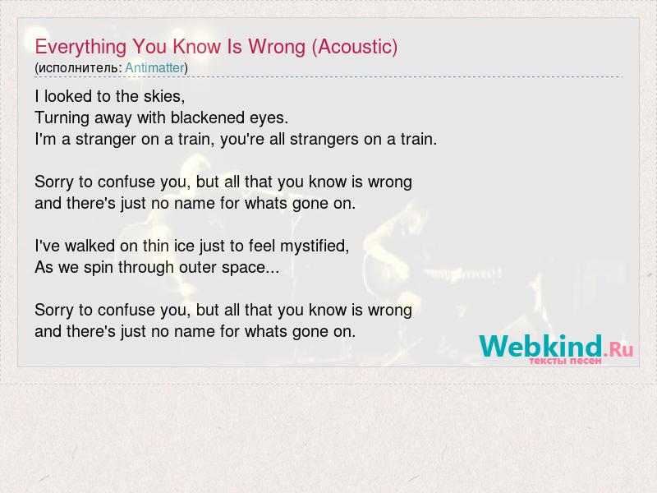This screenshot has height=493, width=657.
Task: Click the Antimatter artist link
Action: coord(154,68)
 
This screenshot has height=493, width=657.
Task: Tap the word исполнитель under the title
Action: coord(78,68)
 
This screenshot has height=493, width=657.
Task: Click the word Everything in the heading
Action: coord(80,48)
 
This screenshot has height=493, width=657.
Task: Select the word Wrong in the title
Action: coord(277,48)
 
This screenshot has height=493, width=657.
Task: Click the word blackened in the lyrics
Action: coord(208,117)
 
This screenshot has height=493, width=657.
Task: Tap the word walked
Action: coord(90,246)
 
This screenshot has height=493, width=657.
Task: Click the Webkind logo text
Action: coord(541,346)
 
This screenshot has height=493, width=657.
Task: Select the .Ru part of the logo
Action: coord(618,349)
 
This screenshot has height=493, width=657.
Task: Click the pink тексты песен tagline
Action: coord(565,361)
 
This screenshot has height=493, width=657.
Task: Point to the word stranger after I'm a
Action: coord(106,140)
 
